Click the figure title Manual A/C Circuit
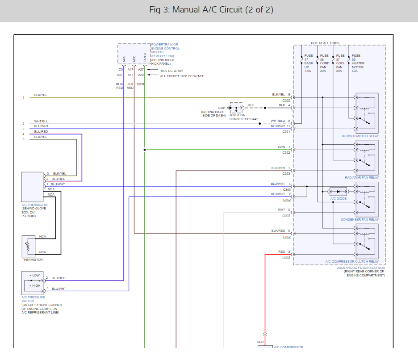[209, 10]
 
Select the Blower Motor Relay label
[360, 136]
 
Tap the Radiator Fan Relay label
[362, 177]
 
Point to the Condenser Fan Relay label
[360, 219]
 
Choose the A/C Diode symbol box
[338, 191]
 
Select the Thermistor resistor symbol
[28, 245]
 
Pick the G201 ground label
[222, 108]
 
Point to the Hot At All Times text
[325, 43]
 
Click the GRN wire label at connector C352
[281, 147]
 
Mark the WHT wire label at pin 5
[281, 209]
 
